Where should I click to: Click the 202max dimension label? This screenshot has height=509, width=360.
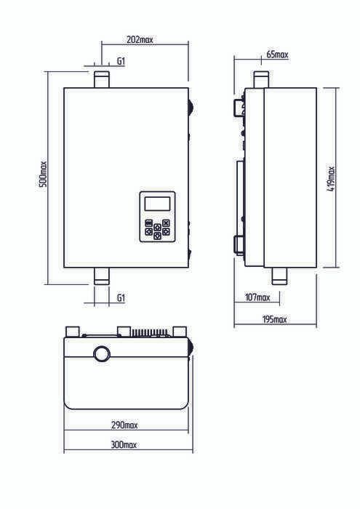(x=140, y=39)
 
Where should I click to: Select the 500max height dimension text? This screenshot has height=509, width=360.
(x=43, y=174)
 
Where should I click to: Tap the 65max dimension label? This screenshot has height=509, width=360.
(x=277, y=55)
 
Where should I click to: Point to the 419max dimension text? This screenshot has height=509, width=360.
(x=331, y=179)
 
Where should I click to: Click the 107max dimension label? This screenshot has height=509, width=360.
(x=257, y=297)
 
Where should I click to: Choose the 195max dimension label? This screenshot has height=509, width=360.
(x=274, y=319)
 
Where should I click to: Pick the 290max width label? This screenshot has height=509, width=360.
(x=124, y=425)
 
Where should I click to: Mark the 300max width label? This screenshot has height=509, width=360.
(x=124, y=444)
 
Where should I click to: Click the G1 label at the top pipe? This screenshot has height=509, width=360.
(x=121, y=61)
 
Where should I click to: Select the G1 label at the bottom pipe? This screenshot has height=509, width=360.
(x=121, y=297)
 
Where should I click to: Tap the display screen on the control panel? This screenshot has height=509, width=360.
(x=157, y=204)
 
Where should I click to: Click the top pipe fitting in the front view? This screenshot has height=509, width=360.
(x=102, y=79)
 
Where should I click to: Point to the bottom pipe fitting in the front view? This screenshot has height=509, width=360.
(x=102, y=276)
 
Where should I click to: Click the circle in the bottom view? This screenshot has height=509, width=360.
(x=102, y=354)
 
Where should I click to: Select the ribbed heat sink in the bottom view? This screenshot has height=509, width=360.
(x=149, y=333)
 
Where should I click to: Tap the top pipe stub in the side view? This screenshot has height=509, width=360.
(x=261, y=79)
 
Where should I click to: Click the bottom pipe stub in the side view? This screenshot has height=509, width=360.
(x=279, y=276)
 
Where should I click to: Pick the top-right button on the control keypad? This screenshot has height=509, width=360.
(x=166, y=223)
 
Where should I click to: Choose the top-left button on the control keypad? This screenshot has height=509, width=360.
(x=148, y=223)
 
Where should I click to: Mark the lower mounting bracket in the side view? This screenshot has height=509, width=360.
(x=239, y=245)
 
